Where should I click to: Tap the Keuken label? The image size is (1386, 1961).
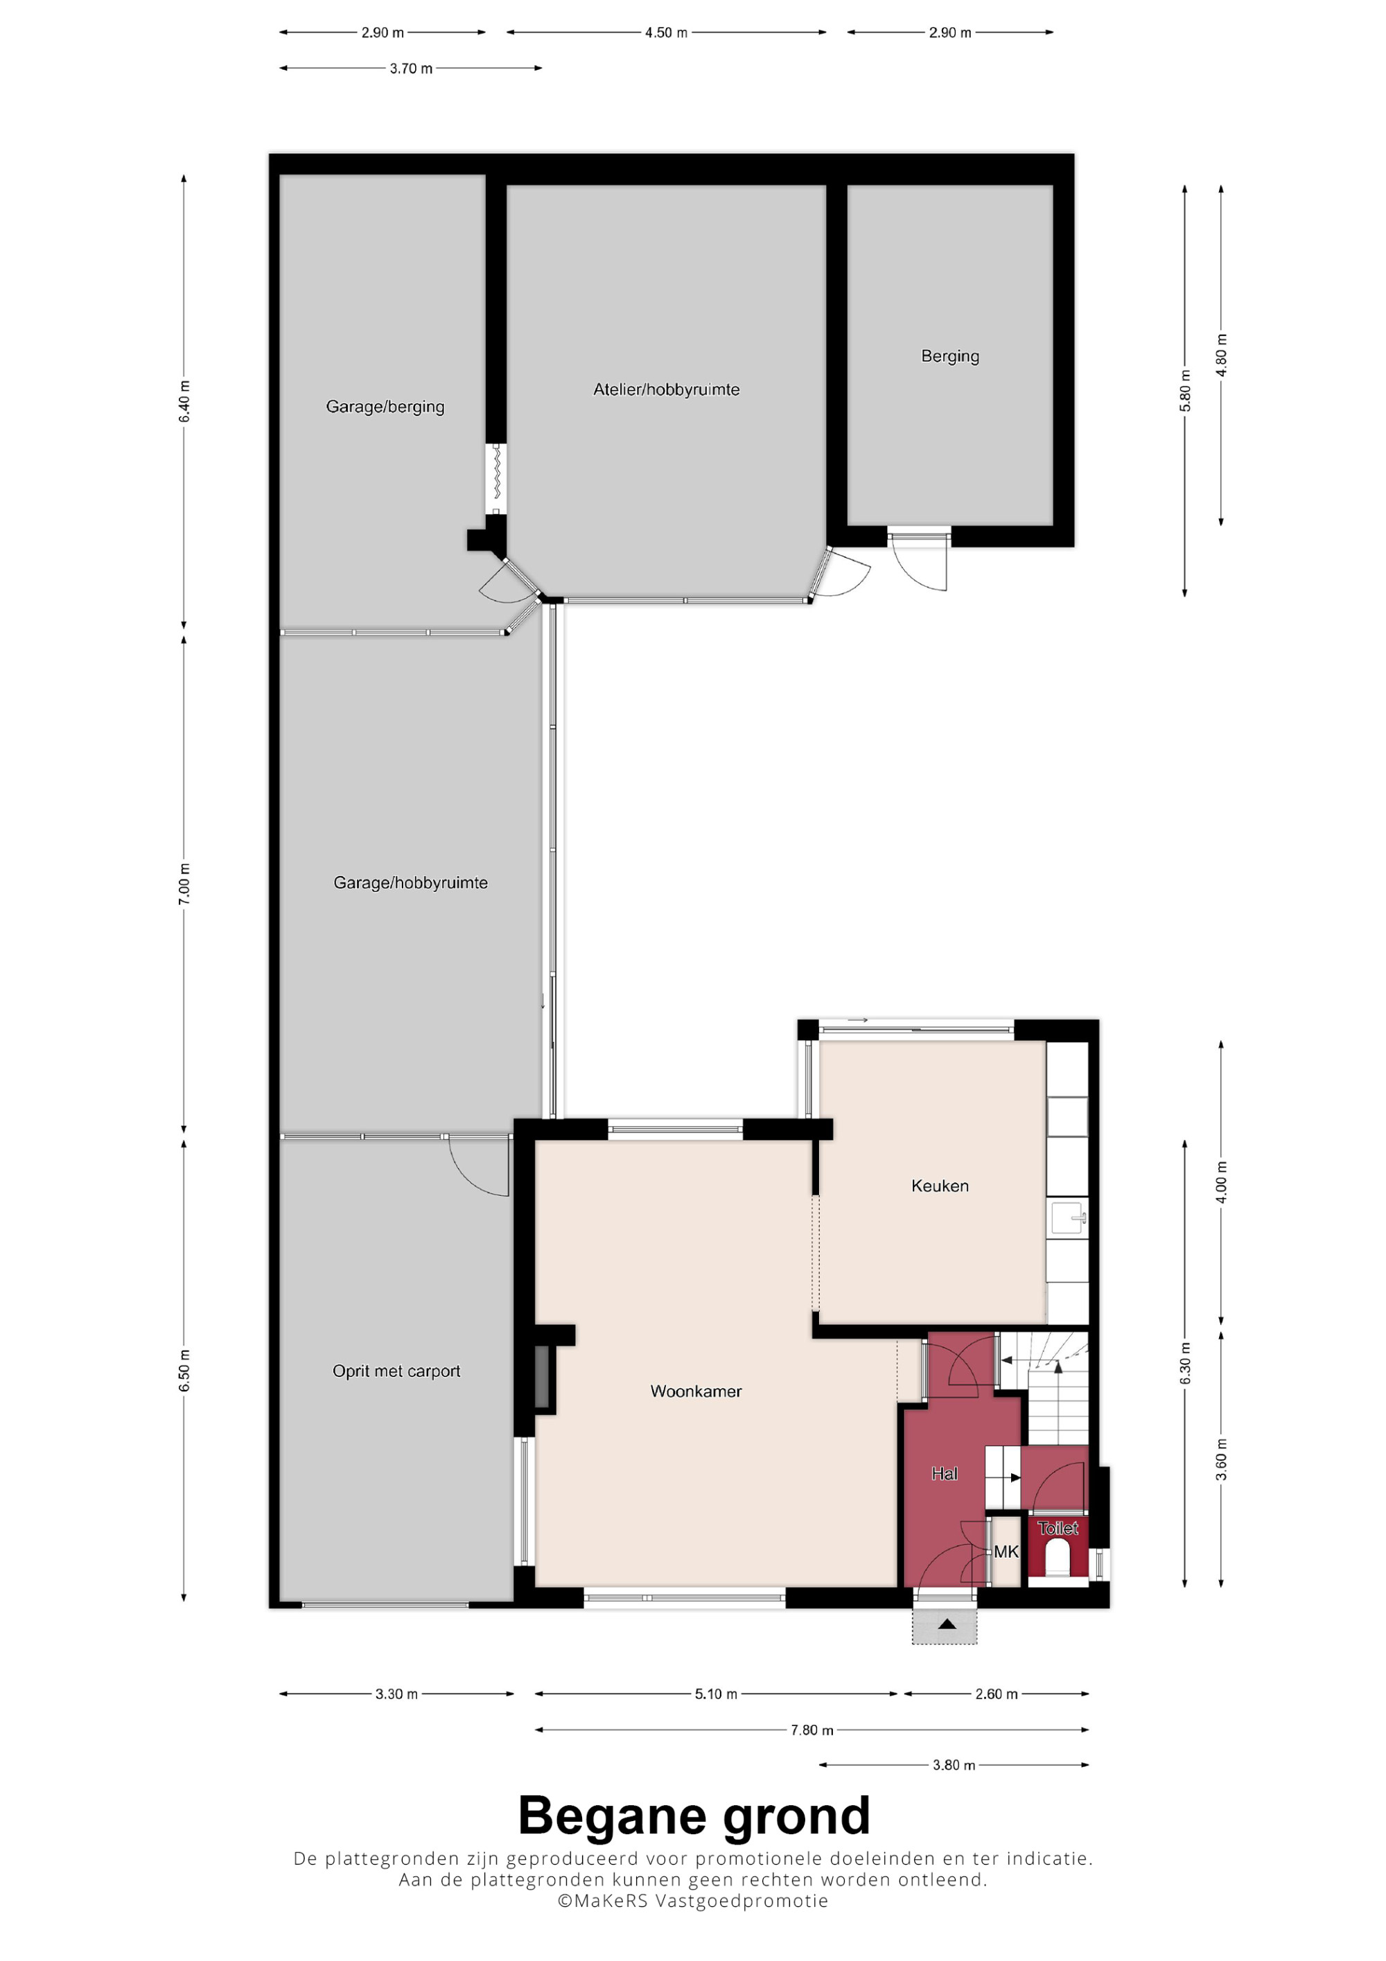point(940,1186)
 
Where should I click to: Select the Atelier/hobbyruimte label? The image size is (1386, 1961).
point(666,389)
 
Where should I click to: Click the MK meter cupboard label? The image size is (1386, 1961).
point(1006,1552)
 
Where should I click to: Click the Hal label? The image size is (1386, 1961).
point(945,1473)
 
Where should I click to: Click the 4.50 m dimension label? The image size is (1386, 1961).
point(666,33)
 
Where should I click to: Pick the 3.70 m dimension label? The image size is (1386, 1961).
point(411,69)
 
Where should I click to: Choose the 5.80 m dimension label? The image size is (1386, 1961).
point(1185,390)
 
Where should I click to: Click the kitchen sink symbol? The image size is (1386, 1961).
point(1069,1217)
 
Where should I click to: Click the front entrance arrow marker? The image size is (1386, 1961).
point(946,1624)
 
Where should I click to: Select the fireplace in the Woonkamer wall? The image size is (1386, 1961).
point(541,1376)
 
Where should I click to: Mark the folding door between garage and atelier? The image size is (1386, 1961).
point(495,479)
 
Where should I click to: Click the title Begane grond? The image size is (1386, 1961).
point(694,1817)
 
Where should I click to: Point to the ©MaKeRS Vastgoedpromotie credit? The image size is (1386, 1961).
point(692,1900)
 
